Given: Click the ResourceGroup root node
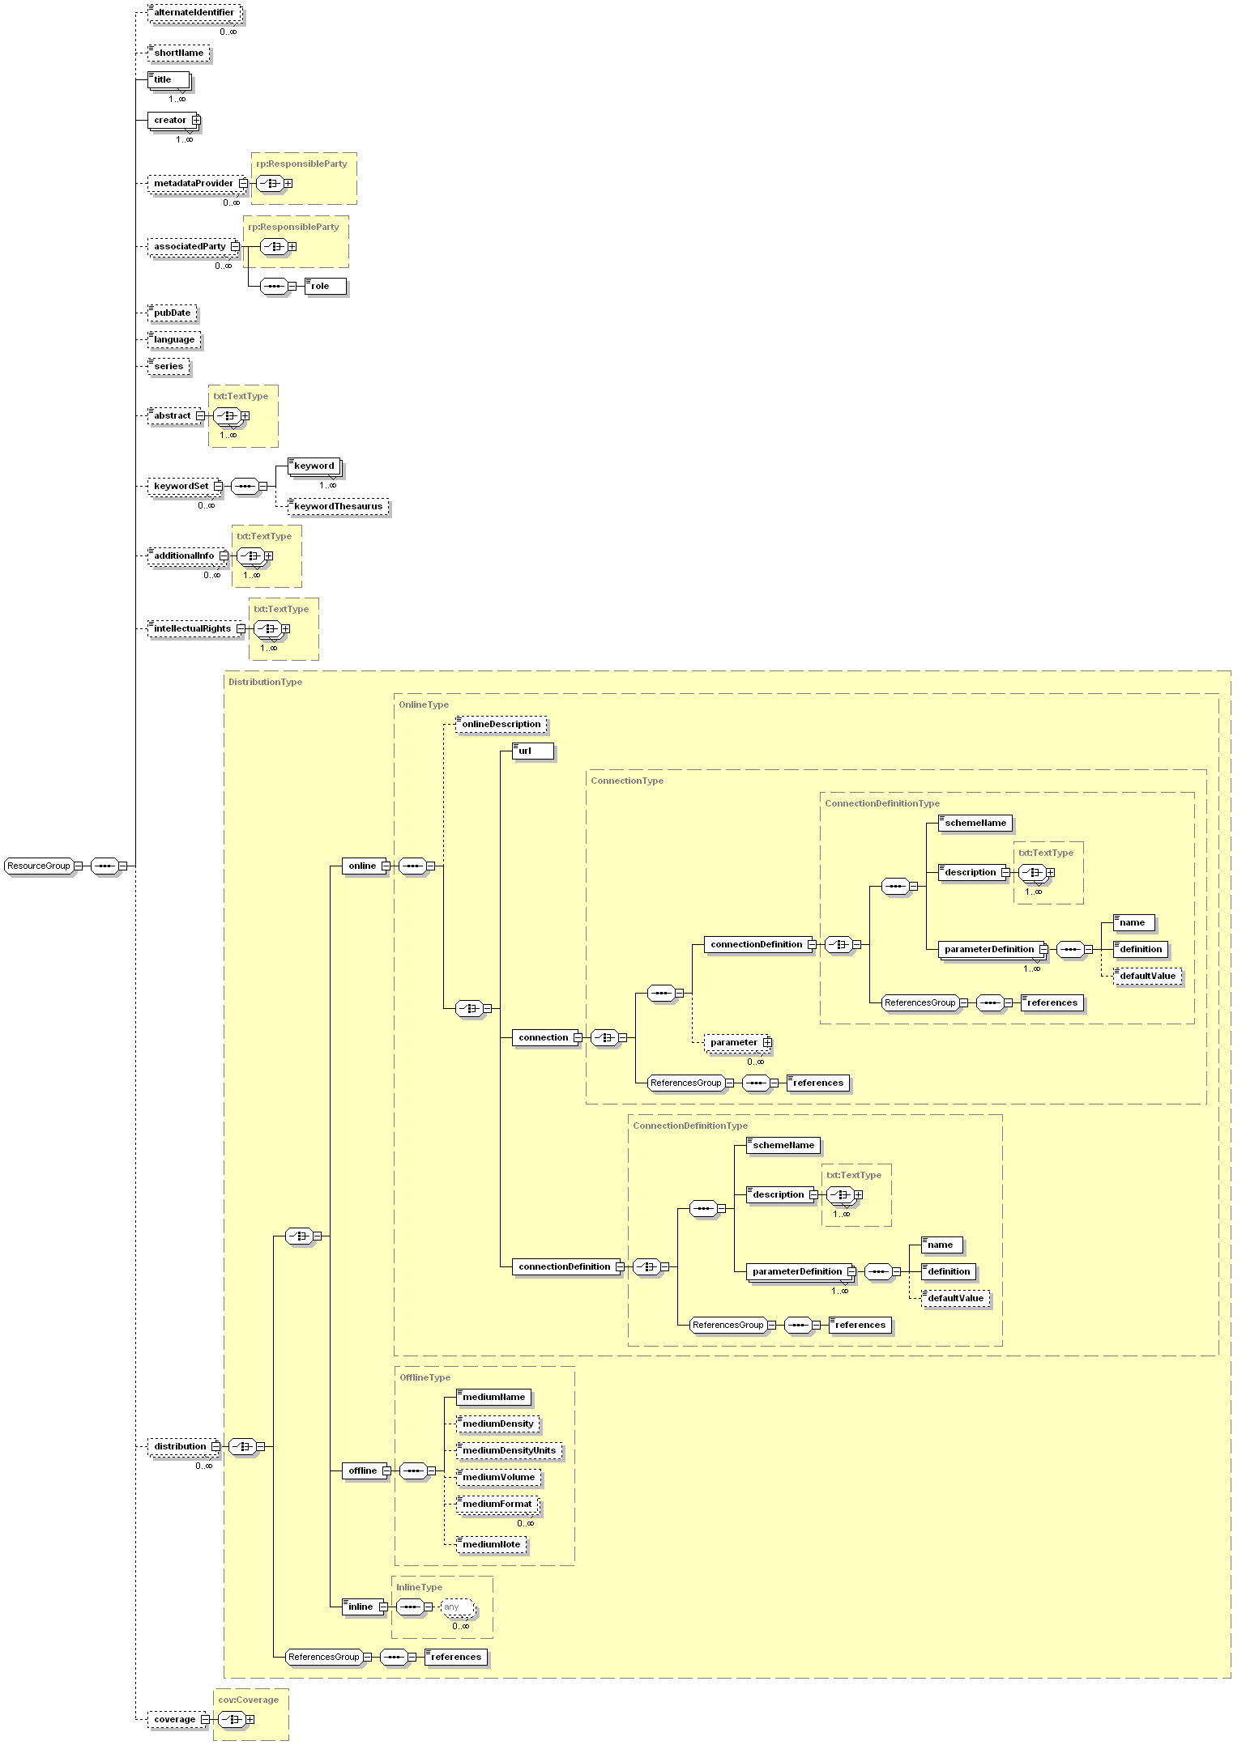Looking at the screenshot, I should point(38,866).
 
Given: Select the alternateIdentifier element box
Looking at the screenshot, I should point(194,13).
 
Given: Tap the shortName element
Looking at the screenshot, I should point(179,53).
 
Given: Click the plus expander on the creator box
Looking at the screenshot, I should point(196,121).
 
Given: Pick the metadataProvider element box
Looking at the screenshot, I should point(194,184).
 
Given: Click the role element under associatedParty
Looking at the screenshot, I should point(325,286).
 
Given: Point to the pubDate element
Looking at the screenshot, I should point(173,313).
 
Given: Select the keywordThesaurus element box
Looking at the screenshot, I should point(339,507).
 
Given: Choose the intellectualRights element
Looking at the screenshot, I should point(193,629).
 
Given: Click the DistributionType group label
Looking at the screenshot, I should point(265,682).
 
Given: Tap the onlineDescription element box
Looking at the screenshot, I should point(501,725).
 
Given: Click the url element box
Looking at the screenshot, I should point(533,751).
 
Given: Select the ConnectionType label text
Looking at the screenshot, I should point(626,781).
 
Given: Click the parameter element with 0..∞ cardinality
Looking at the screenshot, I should point(734,1043).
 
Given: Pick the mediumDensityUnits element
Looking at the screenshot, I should point(509,1450).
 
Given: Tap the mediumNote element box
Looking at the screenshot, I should point(492,1544).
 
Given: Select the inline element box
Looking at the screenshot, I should point(361,1607).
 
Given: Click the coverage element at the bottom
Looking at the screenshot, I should point(174,1719).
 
